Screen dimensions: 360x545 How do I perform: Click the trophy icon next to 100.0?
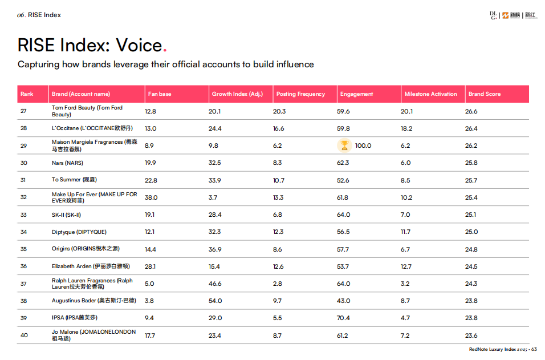pos(344,145)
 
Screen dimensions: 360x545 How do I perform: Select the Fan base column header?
pos(160,94)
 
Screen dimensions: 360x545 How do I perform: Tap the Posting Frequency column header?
pos(300,94)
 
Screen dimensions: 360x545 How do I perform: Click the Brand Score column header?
pos(485,94)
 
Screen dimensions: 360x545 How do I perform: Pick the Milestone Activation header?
pos(430,94)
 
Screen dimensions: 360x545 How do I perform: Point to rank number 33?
pos(24,215)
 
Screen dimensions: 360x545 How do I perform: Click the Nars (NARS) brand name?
pos(67,163)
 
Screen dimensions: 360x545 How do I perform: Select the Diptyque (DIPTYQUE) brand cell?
pos(79,232)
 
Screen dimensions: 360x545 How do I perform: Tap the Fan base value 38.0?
pos(151,197)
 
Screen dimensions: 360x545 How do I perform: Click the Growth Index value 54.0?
pos(215,301)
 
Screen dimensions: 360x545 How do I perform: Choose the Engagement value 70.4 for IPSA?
pos(343,318)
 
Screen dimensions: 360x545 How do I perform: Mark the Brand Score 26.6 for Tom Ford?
pos(471,111)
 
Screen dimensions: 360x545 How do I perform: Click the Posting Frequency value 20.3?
pos(279,111)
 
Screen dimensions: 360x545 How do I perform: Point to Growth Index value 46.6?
pos(215,284)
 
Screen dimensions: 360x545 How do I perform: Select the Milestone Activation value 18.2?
pos(406,129)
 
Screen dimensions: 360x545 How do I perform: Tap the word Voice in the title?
pos(139,45)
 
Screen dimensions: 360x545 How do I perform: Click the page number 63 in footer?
pos(534,350)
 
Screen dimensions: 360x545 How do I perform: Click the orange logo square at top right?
pos(506,15)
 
